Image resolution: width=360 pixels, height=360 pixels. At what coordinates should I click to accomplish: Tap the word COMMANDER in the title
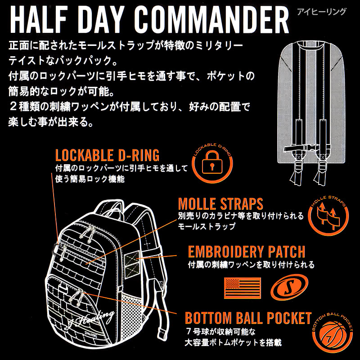point(211,20)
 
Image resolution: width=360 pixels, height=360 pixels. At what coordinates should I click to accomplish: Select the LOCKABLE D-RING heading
point(107,155)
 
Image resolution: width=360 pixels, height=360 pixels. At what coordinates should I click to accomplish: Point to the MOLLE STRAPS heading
point(220,204)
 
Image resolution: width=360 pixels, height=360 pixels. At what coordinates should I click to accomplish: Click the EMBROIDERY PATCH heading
point(247,252)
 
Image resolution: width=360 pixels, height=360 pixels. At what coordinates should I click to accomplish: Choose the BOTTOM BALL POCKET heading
point(248,318)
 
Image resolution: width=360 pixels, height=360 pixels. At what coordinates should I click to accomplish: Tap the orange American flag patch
point(243,288)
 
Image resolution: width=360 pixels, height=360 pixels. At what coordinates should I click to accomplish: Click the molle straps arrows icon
point(328,216)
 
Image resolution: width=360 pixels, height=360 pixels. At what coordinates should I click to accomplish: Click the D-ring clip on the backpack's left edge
point(55,249)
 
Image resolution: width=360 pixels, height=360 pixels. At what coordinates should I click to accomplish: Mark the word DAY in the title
point(100,20)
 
